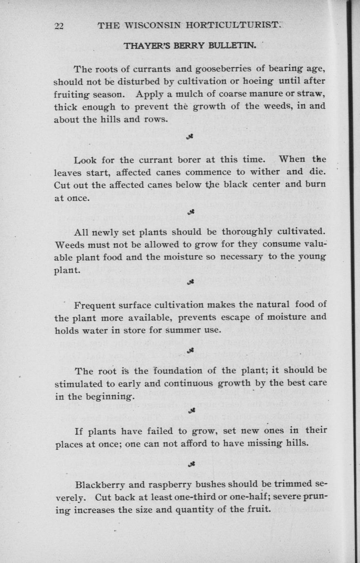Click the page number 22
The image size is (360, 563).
(59, 26)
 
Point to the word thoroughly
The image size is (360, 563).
(247, 232)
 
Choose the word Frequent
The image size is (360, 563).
(96, 304)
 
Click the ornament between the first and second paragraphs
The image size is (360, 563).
(190, 137)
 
